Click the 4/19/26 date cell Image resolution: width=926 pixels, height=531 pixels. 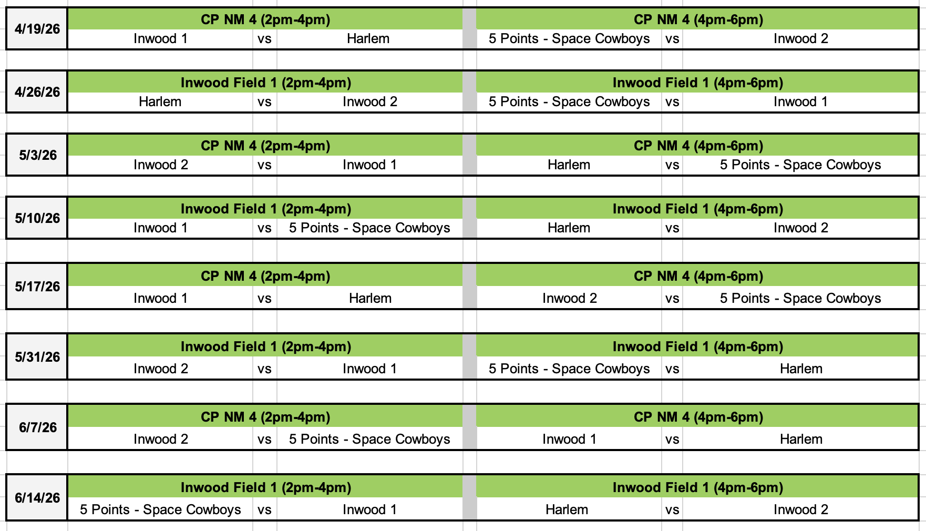click(37, 29)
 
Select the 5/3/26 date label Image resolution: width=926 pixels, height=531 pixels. click(37, 155)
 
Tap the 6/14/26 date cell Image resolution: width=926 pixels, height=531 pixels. click(37, 498)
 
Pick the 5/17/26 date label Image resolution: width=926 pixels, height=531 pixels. click(37, 287)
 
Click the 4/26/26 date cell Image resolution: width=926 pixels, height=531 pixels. click(37, 92)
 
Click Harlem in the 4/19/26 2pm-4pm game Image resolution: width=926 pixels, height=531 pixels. click(368, 39)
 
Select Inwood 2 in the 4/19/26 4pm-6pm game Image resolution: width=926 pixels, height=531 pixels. click(800, 39)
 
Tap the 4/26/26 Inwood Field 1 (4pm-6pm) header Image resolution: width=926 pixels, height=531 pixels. click(697, 83)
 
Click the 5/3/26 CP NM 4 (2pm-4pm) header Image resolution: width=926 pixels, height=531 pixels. click(265, 146)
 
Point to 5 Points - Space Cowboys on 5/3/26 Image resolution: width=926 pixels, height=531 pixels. click(800, 165)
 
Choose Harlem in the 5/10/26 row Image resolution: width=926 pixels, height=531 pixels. click(569, 228)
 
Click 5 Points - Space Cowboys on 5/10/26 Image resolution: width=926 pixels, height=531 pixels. click(369, 228)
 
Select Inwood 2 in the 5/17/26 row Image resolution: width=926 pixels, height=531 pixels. click(569, 299)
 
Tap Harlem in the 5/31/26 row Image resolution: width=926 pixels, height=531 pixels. click(801, 369)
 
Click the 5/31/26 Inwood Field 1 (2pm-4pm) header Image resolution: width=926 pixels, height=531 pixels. click(265, 346)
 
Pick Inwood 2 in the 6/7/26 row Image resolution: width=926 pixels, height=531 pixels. click(160, 440)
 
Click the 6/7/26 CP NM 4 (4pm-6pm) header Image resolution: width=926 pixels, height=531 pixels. click(697, 417)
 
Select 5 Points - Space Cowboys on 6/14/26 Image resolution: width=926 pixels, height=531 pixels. click(160, 510)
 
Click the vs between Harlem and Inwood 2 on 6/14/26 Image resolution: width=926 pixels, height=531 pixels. click(672, 510)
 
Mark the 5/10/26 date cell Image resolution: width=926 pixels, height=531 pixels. click(37, 218)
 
